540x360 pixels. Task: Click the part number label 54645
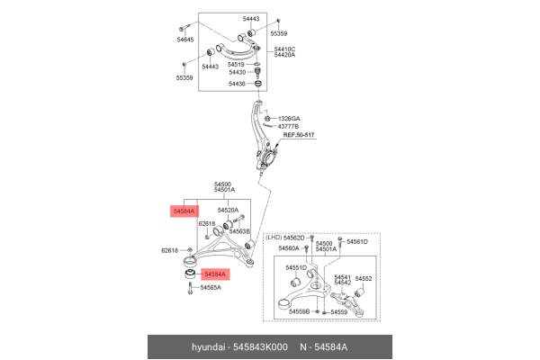185,40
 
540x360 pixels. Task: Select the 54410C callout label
284,49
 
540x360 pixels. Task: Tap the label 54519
236,65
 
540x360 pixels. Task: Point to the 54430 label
238,72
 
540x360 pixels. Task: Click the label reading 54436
237,84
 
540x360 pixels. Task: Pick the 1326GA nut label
289,119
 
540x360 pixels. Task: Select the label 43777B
288,126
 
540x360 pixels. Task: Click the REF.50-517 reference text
299,135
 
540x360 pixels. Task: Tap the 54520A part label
228,210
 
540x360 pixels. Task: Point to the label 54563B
239,231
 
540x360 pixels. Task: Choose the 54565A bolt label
211,288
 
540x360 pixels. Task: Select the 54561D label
357,242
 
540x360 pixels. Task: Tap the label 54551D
296,267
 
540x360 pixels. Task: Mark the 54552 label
364,279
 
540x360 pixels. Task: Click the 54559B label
300,311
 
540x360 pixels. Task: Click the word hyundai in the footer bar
208,346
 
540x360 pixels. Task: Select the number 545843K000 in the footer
260,346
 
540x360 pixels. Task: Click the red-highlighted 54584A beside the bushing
215,274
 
